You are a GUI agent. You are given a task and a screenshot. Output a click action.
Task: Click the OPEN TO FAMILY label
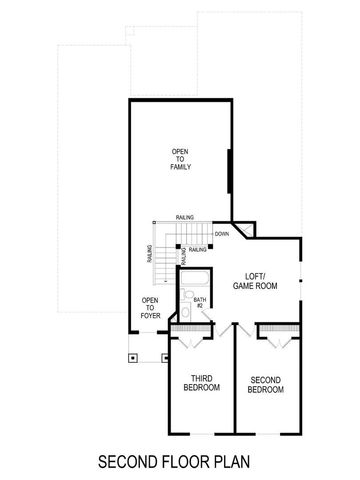[x=180, y=159]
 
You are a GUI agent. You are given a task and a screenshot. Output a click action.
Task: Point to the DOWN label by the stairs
[x=220, y=234]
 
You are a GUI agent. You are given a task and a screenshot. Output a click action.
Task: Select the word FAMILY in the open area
[x=180, y=168]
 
